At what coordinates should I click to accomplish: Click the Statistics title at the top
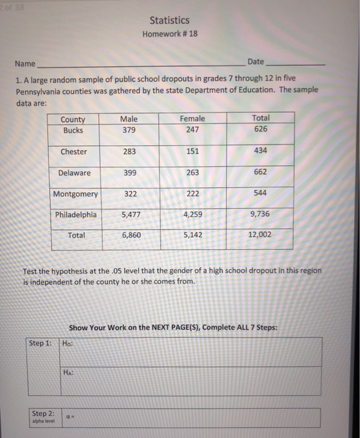(x=169, y=21)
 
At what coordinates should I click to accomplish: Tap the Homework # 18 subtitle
(x=170, y=34)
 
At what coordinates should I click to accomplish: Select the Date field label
(x=256, y=62)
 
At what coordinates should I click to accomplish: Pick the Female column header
(x=192, y=119)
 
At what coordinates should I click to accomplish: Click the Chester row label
(x=74, y=152)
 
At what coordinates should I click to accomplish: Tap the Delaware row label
(x=74, y=173)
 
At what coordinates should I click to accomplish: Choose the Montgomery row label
(x=75, y=195)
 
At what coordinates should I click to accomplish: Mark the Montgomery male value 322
(x=130, y=194)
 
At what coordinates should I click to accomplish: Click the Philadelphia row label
(x=76, y=215)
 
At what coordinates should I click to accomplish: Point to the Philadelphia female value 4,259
(x=192, y=215)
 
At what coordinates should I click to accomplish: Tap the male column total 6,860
(x=130, y=235)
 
